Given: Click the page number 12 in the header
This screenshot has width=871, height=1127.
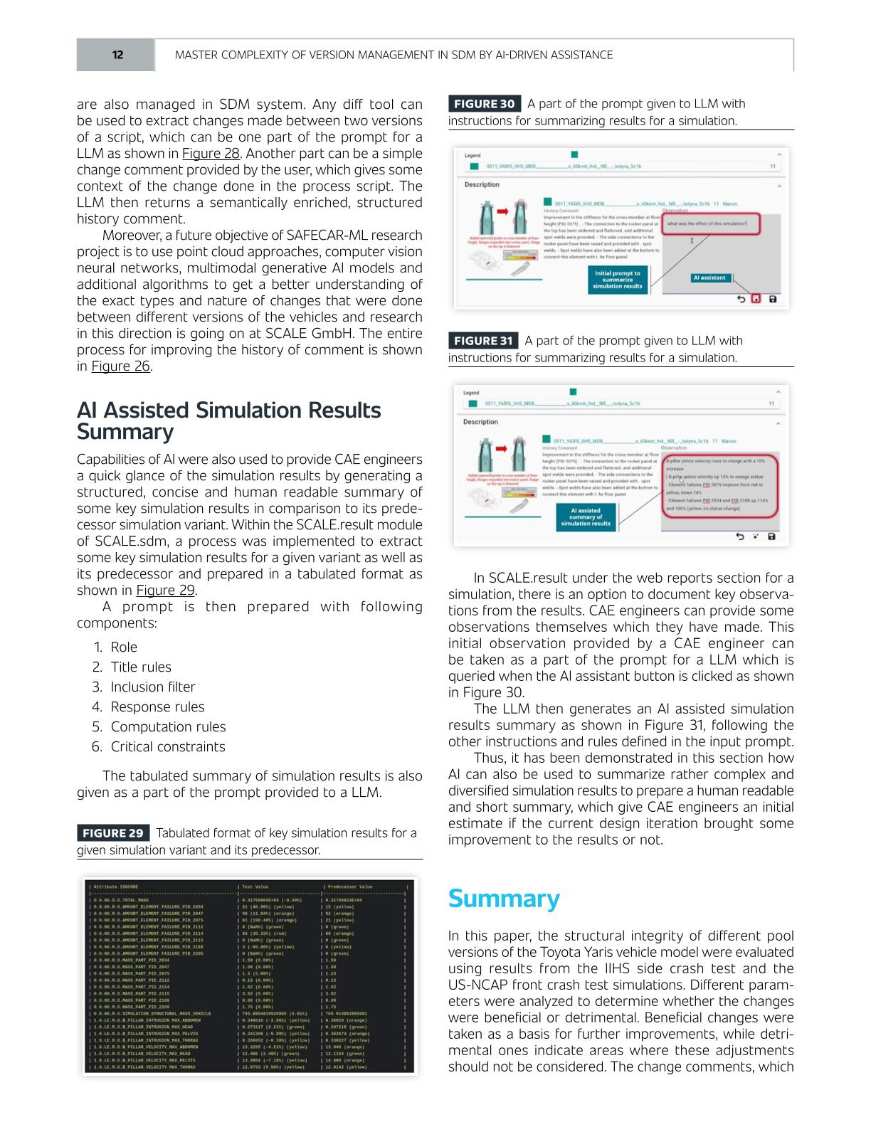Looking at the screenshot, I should (x=117, y=55).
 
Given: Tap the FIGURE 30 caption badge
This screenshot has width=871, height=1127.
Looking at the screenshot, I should (x=484, y=104).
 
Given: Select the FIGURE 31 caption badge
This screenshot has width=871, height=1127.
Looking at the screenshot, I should (x=483, y=341).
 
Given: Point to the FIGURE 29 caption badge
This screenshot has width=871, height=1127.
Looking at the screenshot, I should (x=112, y=833).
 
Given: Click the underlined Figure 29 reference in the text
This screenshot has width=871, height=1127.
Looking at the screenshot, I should (x=165, y=591).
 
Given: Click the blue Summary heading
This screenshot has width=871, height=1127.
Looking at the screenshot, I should (x=503, y=899).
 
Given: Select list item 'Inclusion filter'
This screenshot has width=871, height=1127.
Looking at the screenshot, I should (x=152, y=687).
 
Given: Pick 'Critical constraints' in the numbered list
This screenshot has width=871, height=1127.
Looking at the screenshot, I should (x=167, y=746).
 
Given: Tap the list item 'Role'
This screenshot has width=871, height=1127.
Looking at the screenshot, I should (x=124, y=647).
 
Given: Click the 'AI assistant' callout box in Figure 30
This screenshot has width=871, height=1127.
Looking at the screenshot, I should (x=709, y=278).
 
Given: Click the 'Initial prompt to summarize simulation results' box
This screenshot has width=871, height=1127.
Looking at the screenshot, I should (x=618, y=280).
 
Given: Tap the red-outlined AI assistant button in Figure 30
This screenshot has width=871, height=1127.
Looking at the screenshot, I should (x=756, y=299).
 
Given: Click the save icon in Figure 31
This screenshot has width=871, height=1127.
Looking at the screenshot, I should (x=772, y=536).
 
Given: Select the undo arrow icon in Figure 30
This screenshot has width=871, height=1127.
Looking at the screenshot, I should (x=741, y=299).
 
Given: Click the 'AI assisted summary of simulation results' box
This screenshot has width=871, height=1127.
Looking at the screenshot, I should (x=586, y=517).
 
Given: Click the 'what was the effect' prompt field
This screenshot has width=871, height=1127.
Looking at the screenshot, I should (x=712, y=224).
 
